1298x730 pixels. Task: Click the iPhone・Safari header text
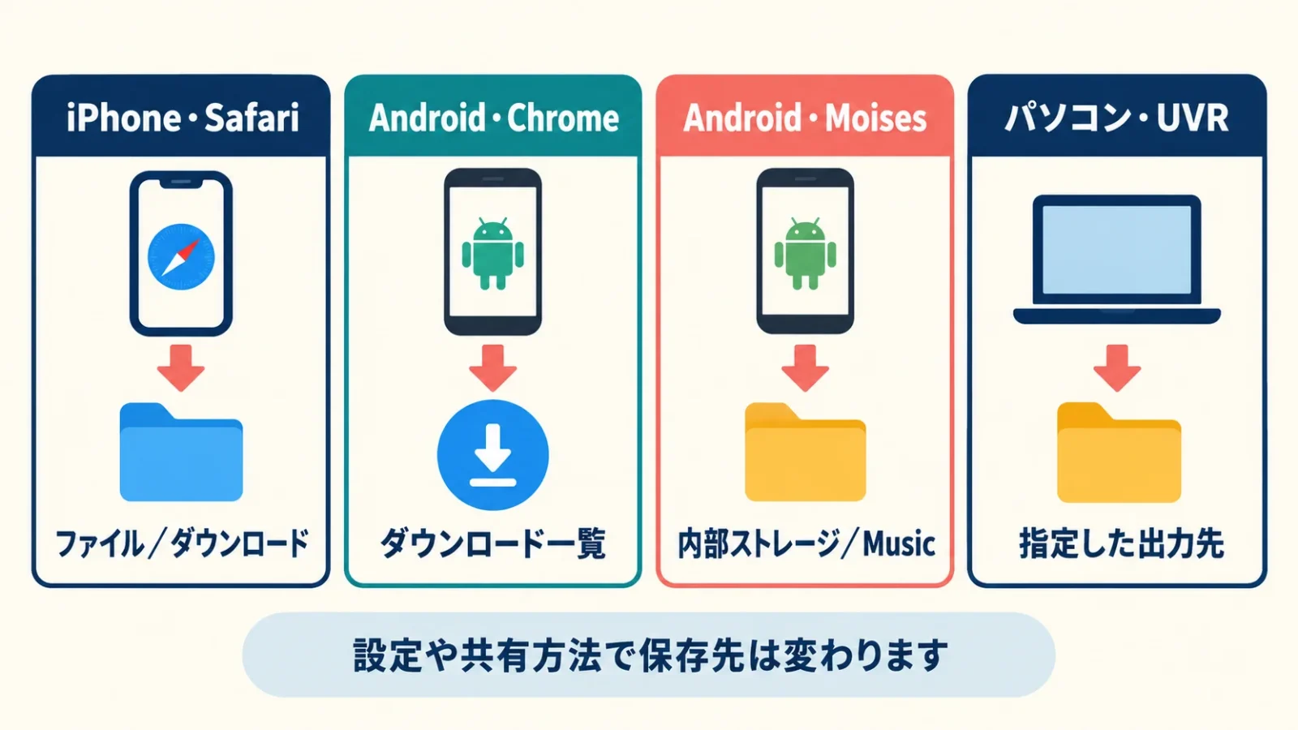tap(183, 118)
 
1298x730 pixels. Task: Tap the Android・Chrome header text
tap(494, 118)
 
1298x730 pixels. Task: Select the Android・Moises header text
tap(805, 118)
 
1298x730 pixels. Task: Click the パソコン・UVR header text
tap(1116, 118)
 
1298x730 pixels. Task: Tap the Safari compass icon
tap(182, 256)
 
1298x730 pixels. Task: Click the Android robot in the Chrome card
tap(493, 253)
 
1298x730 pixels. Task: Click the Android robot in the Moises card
tap(806, 253)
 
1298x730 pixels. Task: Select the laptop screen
tap(1116, 250)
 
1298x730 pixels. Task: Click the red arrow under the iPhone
tap(181, 368)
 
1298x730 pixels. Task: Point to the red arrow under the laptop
tap(1117, 368)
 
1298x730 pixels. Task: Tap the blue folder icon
tap(182, 452)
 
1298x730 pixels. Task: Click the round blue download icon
tap(493, 455)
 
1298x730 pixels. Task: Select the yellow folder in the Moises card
tap(806, 452)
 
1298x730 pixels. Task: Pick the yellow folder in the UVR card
tap(1119, 452)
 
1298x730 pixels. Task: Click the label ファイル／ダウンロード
tap(182, 543)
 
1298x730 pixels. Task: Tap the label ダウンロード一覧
tap(493, 543)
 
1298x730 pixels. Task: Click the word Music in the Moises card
tap(899, 543)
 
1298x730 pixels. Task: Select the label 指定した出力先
tap(1121, 543)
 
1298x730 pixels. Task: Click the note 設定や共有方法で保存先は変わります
tap(650, 655)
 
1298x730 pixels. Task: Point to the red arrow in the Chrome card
tap(493, 368)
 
